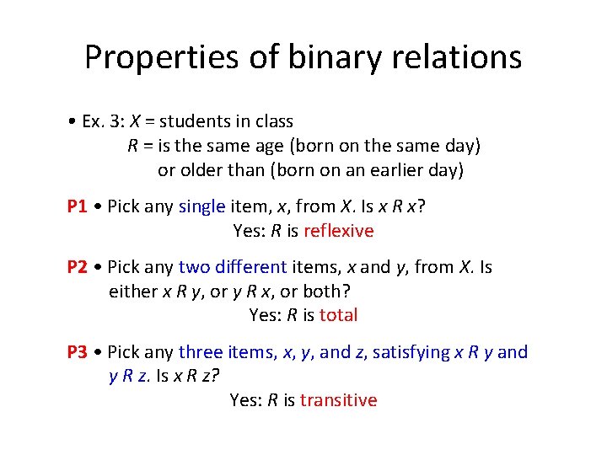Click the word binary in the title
[320, 57]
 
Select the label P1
[78, 206]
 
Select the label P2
[78, 267]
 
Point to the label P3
[78, 352]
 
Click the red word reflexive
[338, 231]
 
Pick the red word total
[338, 315]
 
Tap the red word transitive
[338, 400]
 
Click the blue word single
[201, 206]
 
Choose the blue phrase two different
[233, 267]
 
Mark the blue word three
[201, 352]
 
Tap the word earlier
[397, 170]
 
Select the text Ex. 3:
[101, 121]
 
